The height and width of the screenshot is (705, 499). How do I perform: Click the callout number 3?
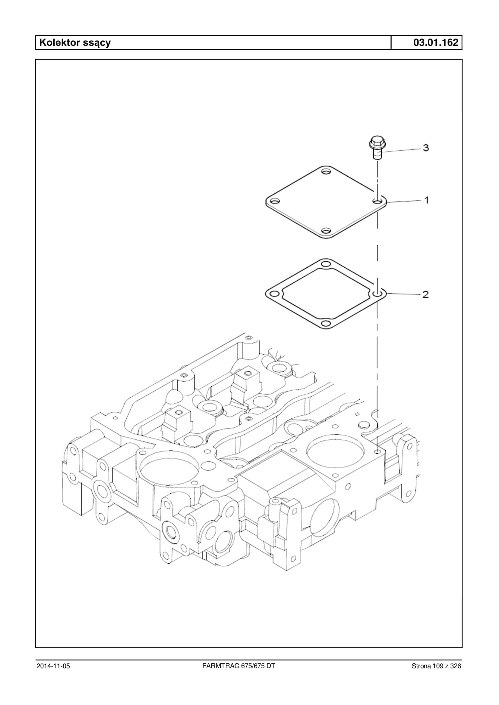[x=425, y=148]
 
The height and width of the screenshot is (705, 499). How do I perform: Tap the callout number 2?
[x=425, y=294]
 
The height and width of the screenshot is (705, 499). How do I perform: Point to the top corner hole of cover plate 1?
[x=326, y=172]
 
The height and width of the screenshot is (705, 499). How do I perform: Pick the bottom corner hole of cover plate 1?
[x=326, y=230]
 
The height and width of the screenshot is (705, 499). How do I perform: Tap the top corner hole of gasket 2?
[x=326, y=264]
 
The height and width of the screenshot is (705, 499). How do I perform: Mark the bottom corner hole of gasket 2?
[x=326, y=323]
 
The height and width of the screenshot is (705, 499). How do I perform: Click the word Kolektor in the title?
[x=59, y=42]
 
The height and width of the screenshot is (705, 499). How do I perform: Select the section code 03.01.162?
[x=436, y=42]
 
